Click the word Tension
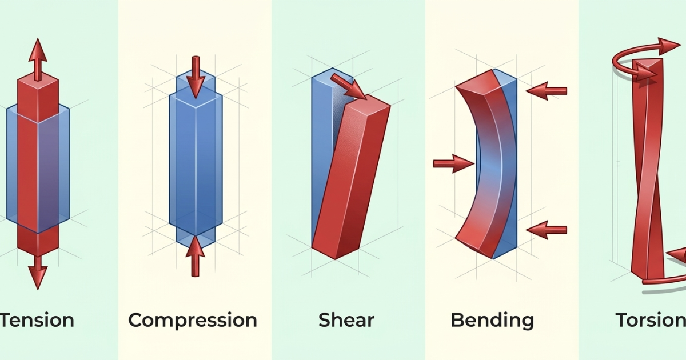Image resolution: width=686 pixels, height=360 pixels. coord(37,320)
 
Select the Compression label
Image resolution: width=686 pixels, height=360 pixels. coord(193,321)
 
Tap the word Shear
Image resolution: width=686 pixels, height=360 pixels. coord(346,321)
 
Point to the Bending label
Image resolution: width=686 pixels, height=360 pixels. coord(492,321)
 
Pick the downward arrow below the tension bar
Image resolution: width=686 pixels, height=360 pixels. coord(38,271)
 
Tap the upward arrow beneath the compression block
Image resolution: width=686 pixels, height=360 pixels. coord(196,255)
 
